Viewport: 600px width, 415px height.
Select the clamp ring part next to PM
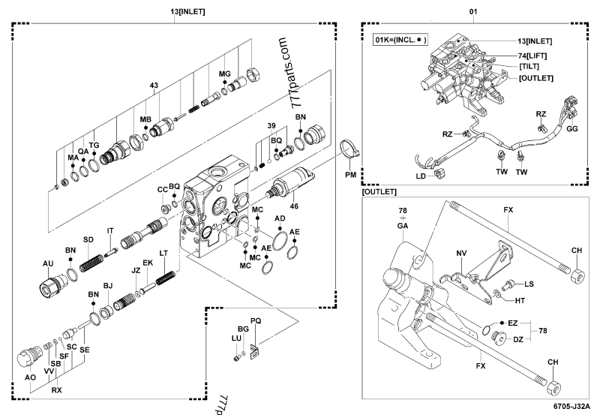[347, 149]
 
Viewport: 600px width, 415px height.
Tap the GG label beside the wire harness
[571, 129]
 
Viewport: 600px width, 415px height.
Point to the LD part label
[421, 176]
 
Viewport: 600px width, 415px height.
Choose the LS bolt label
[529, 284]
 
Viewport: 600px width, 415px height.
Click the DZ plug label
[517, 339]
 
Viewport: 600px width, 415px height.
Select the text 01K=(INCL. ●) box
[399, 39]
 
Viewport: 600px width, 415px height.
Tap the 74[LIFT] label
[533, 56]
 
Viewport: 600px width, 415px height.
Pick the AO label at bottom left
[30, 377]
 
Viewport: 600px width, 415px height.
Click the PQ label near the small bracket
[256, 320]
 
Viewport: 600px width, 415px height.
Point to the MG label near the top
[223, 73]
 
